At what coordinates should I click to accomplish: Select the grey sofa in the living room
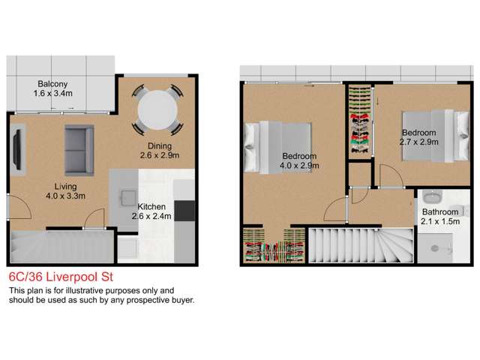(79, 145)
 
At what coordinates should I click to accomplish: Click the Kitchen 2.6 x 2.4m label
(157, 210)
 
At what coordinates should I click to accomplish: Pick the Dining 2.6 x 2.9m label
(159, 151)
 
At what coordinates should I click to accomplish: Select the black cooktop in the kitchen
(184, 211)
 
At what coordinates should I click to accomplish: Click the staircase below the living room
(52, 244)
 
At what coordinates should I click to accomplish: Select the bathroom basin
(430, 198)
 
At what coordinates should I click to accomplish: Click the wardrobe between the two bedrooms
(361, 124)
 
